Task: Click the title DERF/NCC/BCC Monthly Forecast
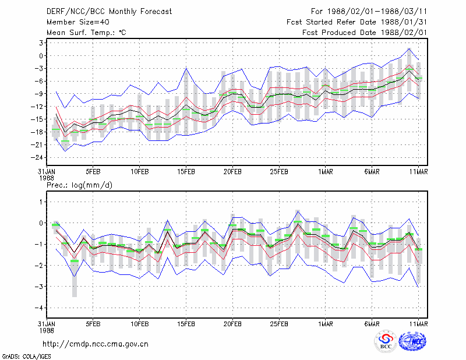click(109, 12)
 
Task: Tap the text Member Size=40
click(78, 22)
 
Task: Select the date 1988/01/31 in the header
click(404, 22)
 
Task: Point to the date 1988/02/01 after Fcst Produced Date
click(404, 33)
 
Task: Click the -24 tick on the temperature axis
click(37, 157)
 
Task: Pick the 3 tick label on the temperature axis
click(41, 43)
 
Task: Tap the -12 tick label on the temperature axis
click(37, 107)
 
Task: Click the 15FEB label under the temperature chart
click(186, 172)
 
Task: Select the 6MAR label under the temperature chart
click(372, 172)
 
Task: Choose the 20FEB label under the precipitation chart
click(232, 324)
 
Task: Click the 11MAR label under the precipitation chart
click(418, 324)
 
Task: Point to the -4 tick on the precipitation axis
click(39, 308)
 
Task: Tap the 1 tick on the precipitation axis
click(41, 202)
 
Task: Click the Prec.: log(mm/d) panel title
click(79, 185)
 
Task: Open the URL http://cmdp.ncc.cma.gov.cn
click(96, 344)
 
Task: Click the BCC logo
click(386, 341)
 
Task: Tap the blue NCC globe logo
click(412, 341)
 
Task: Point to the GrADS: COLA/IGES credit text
click(26, 357)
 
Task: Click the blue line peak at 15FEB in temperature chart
click(186, 68)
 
